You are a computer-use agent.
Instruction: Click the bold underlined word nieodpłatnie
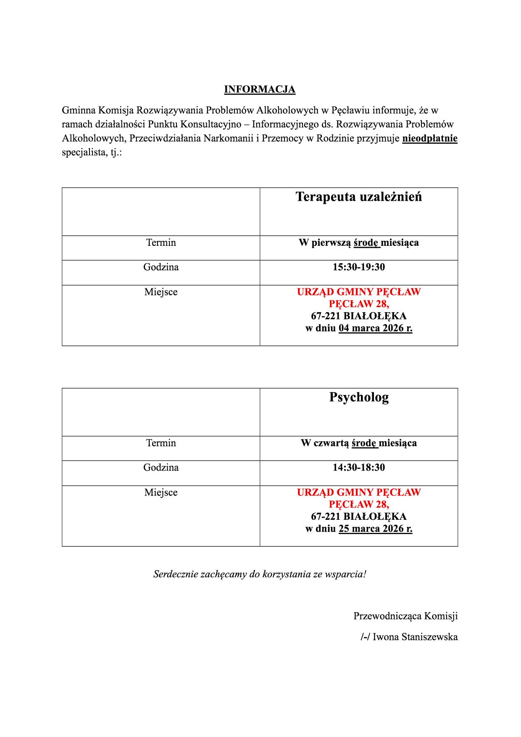(429, 139)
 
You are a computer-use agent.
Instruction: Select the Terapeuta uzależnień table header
(358, 197)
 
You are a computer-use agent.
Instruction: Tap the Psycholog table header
(358, 397)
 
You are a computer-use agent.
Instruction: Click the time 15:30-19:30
(358, 267)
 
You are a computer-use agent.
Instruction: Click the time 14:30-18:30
(358, 468)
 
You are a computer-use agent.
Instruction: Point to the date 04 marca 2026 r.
(375, 329)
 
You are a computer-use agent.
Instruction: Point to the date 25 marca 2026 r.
(375, 529)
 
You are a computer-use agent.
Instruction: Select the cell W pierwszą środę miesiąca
(358, 243)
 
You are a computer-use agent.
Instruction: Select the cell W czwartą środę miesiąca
(358, 443)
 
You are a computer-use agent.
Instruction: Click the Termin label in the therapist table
(161, 243)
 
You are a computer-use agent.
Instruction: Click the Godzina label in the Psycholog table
(161, 468)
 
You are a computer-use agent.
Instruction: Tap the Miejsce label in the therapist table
(161, 292)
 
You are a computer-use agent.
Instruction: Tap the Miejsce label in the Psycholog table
(161, 492)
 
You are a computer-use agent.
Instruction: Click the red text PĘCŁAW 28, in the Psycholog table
(358, 504)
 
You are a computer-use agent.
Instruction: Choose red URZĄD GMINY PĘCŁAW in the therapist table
(358, 292)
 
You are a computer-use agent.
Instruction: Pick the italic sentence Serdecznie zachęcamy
(260, 574)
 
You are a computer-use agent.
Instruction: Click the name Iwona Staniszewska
(415, 637)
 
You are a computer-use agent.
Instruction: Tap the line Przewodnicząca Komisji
(405, 616)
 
